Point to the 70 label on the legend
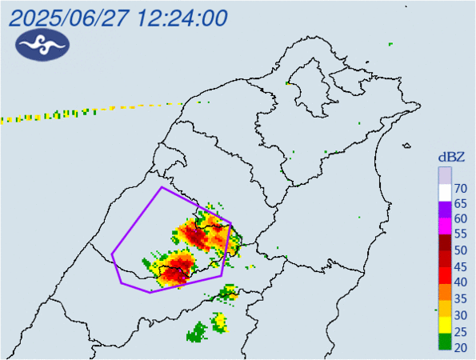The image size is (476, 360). coord(460,189)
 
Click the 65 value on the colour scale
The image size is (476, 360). coord(460,204)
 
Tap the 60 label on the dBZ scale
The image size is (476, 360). coord(460,219)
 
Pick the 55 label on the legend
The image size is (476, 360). coord(460,234)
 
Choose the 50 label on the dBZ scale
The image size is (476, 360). coord(460,250)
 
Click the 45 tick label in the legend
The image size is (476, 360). coord(460,266)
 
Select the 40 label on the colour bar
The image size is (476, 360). coord(460,282)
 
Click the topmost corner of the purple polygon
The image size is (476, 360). coord(162,187)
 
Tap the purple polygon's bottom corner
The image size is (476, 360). coord(150,292)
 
